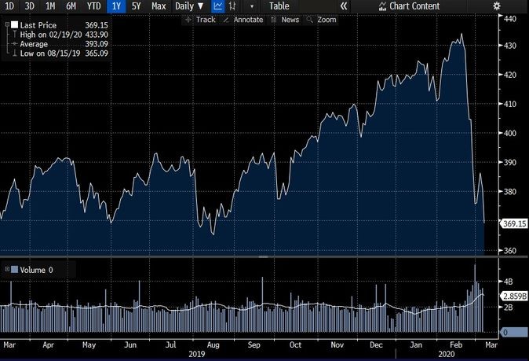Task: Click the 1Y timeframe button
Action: (117, 6)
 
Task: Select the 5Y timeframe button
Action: (137, 6)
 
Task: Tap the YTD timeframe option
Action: (93, 6)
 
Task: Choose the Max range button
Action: (159, 6)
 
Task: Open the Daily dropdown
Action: (189, 6)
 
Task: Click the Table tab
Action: (279, 6)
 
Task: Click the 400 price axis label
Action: (509, 134)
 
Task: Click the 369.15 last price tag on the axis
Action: (514, 223)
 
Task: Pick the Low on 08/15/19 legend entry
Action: (48, 53)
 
